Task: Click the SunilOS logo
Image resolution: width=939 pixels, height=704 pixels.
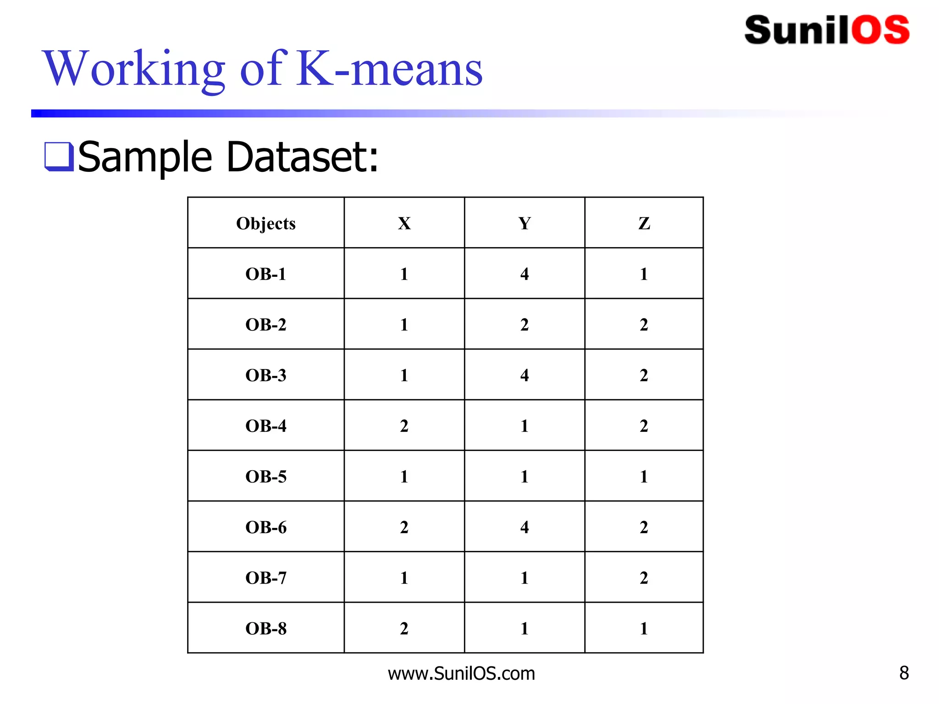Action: (827, 30)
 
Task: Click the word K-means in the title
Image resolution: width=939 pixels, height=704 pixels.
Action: (390, 69)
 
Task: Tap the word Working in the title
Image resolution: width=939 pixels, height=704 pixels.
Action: (133, 69)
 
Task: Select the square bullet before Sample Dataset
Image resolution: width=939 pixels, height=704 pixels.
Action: (59, 157)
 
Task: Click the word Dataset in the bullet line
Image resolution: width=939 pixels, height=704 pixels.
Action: (303, 157)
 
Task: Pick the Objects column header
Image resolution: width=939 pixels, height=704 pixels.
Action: (266, 224)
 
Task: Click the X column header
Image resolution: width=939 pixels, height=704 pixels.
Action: (404, 224)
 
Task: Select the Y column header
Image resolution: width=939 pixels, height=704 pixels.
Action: (525, 224)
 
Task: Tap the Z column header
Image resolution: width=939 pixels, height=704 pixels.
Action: (644, 224)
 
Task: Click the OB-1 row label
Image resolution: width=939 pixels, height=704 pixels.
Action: (266, 274)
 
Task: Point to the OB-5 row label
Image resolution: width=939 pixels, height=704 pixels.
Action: (266, 477)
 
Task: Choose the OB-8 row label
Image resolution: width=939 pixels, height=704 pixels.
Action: (266, 628)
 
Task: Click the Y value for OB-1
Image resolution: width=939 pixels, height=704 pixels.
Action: (525, 274)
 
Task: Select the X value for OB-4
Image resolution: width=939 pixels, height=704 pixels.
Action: (404, 426)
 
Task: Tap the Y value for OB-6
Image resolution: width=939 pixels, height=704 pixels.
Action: (525, 527)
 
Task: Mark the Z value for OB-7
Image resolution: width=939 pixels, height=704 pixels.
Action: (644, 578)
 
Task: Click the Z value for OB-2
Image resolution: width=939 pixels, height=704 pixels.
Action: (644, 325)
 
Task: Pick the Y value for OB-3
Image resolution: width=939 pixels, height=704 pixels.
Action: (525, 375)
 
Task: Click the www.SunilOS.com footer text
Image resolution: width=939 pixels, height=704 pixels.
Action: (461, 673)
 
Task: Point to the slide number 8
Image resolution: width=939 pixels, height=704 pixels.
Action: (904, 673)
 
